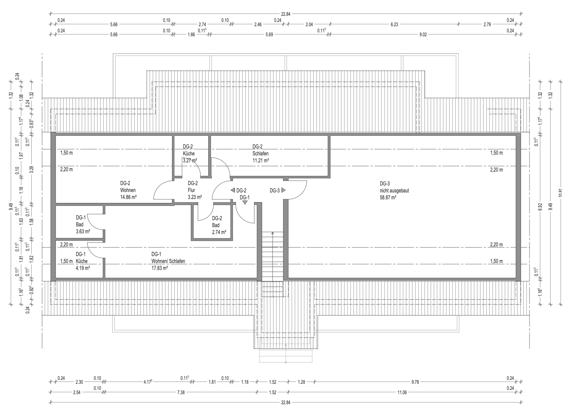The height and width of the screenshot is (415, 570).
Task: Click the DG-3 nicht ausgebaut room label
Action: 395,187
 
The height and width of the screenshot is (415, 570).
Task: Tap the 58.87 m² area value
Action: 388,197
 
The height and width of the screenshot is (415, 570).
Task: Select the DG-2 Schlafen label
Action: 260,150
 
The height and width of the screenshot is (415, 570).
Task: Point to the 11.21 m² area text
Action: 261,160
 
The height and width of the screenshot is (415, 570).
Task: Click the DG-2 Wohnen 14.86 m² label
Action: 128,190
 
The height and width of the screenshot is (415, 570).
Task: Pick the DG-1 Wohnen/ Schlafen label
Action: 168,258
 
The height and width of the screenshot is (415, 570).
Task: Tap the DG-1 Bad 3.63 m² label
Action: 83,224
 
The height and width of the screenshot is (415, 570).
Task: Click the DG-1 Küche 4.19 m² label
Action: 83,261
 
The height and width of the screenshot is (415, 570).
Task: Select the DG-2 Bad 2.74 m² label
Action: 219,225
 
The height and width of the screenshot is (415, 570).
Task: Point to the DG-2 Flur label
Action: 192,187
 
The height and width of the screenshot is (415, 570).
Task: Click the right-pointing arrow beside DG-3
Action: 283,190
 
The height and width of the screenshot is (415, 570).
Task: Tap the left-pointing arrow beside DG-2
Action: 233,190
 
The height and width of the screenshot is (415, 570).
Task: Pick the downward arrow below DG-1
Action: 245,202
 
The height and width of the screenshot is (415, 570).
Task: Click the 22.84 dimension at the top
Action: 285,14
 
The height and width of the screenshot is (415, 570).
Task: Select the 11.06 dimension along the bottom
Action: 402,392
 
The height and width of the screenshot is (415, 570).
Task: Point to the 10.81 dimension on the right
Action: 561,192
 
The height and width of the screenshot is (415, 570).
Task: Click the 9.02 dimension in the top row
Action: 423,35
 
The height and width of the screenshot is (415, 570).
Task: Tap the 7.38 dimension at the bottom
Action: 180,392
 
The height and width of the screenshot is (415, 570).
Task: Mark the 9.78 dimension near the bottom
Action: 415,382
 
